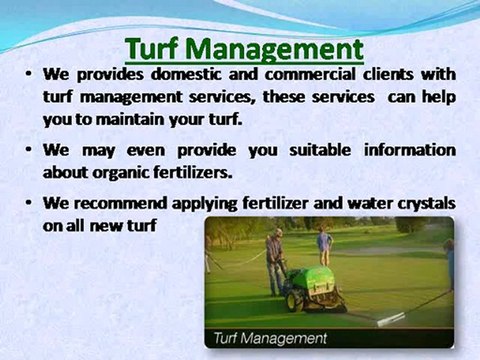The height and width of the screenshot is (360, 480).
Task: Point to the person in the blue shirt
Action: (324, 243)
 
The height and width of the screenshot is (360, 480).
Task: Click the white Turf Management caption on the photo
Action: (271, 338)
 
